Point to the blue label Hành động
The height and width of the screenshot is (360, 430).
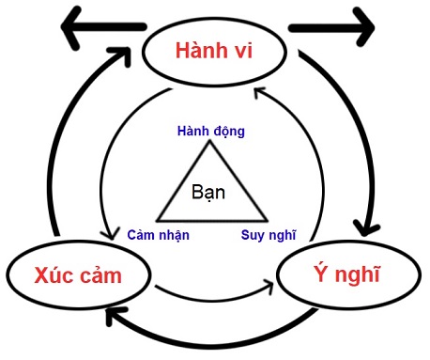211,131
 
